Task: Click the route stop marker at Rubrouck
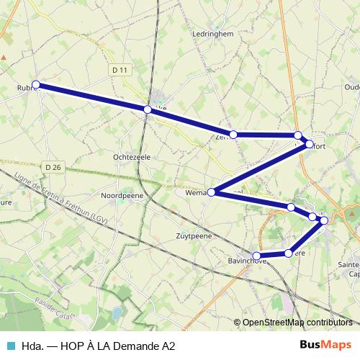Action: click(35, 85)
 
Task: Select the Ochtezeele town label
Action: click(130, 156)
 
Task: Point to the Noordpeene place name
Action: click(122, 195)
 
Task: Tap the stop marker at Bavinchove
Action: click(257, 256)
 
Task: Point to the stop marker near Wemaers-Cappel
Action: click(211, 192)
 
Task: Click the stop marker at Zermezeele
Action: click(233, 134)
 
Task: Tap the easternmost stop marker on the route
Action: click(324, 220)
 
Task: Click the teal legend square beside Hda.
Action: click(9, 346)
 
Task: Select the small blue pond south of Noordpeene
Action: click(115, 312)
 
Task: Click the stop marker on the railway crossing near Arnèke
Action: click(148, 109)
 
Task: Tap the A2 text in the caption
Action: click(168, 346)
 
